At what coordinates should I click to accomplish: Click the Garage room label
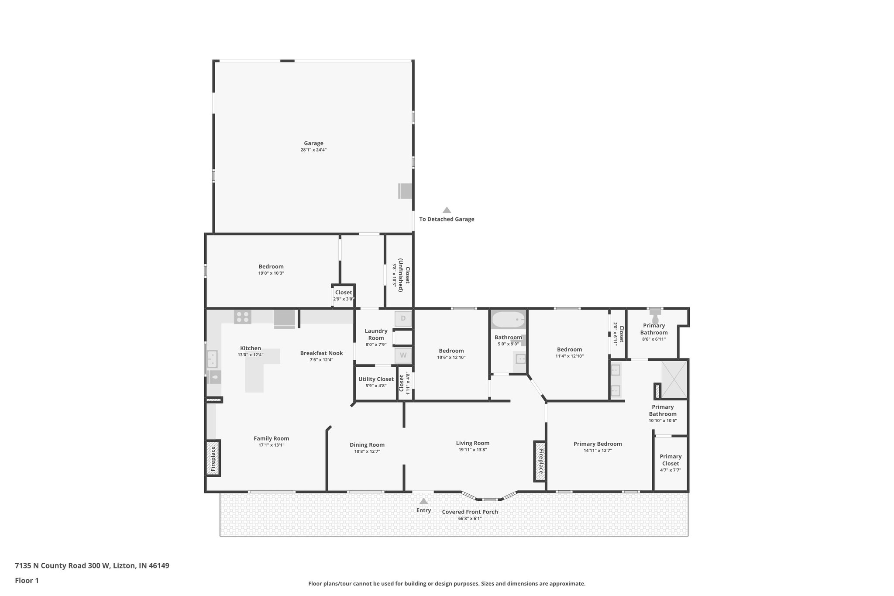(x=313, y=143)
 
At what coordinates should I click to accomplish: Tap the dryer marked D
(x=403, y=318)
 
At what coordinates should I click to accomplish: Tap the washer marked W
(x=403, y=355)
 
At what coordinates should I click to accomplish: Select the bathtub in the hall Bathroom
(x=508, y=320)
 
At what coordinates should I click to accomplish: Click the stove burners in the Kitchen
(x=242, y=317)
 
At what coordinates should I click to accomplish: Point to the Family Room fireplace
(x=213, y=458)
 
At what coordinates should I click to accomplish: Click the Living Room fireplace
(x=540, y=461)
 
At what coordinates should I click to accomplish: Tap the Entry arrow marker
(x=423, y=501)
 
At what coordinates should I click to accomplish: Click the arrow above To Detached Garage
(x=447, y=210)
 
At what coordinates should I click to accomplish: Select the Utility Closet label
(x=376, y=379)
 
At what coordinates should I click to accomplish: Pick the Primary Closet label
(x=670, y=460)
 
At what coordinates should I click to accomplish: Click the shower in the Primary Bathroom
(x=674, y=379)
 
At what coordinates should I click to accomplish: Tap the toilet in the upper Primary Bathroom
(x=655, y=319)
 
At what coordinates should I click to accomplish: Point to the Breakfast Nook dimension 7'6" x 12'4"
(x=321, y=360)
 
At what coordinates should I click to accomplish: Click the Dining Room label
(x=367, y=445)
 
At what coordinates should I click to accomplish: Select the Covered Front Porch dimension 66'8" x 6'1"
(x=470, y=519)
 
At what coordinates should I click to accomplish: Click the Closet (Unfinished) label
(x=404, y=279)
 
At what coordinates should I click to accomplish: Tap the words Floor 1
(x=27, y=581)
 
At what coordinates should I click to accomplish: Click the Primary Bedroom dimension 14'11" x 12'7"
(x=598, y=451)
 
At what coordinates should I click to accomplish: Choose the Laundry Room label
(x=376, y=334)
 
